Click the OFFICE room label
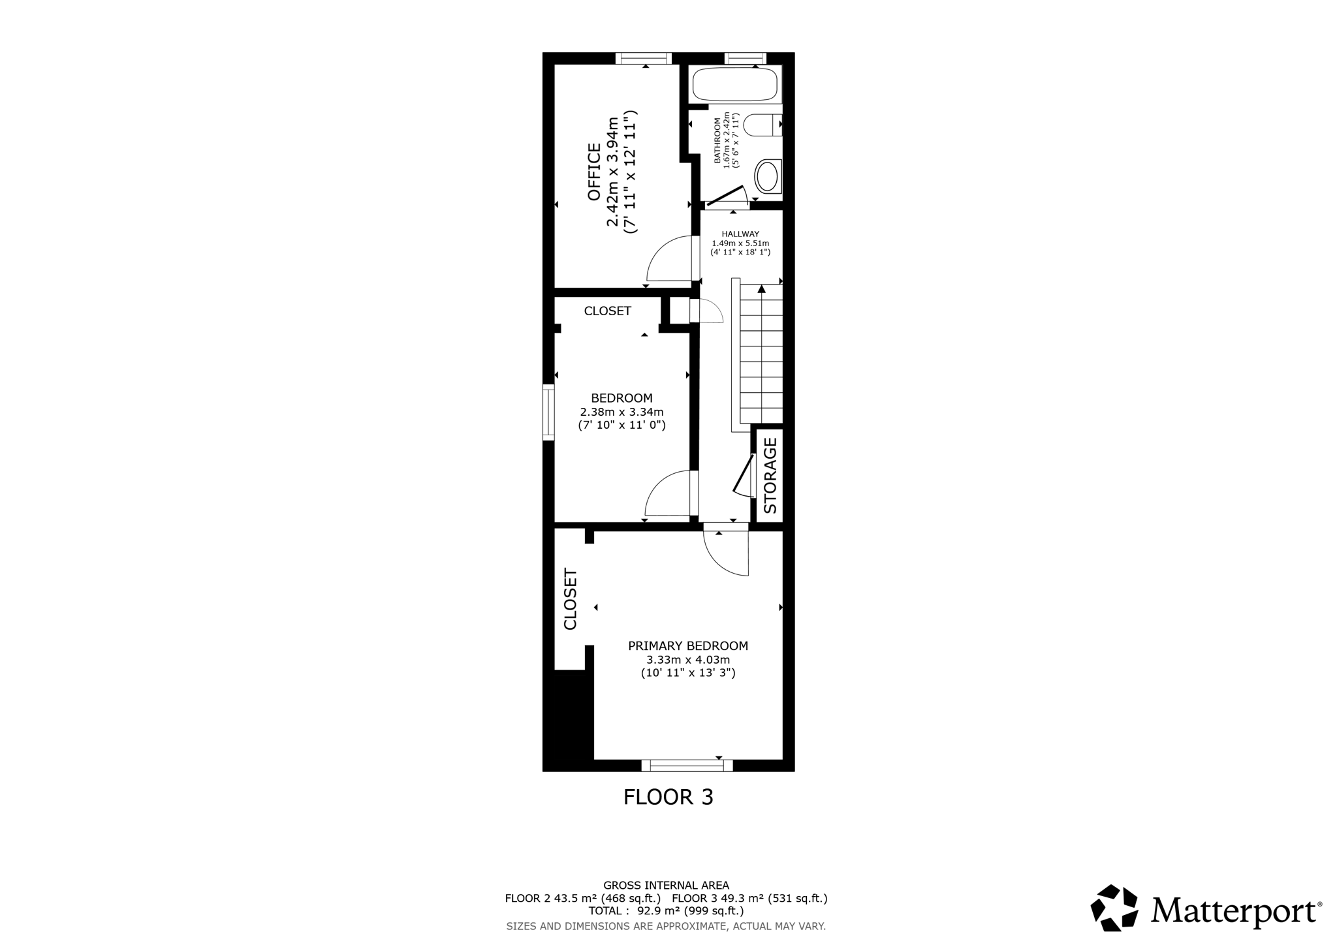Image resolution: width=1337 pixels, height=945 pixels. [594, 172]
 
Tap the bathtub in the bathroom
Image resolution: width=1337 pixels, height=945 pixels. [734, 84]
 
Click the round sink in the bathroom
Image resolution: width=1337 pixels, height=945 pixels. [766, 176]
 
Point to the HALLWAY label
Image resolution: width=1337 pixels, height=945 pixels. [740, 234]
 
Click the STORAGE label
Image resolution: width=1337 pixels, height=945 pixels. [770, 475]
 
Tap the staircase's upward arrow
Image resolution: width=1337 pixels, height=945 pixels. [761, 288]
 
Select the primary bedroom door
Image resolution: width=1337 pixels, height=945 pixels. [726, 553]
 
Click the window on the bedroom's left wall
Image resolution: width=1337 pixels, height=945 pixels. [548, 412]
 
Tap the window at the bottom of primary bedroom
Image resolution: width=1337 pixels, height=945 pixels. [687, 765]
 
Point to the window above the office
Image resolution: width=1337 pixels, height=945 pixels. [644, 59]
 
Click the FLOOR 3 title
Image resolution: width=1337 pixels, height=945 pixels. [668, 797]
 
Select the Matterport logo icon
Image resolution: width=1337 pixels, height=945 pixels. [1114, 907]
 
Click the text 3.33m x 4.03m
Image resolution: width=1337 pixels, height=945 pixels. [688, 660]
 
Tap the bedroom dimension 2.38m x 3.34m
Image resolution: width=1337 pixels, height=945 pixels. [621, 412]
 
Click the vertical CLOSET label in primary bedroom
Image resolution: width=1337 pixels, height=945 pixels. [570, 599]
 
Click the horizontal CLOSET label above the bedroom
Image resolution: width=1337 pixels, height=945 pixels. [607, 311]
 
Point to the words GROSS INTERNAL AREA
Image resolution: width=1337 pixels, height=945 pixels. [666, 886]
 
